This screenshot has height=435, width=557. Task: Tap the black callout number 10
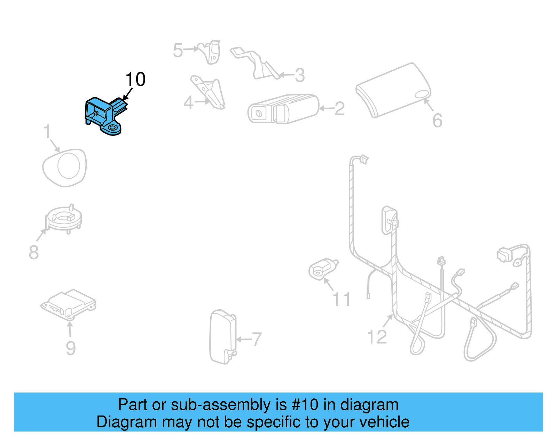pyautogui.click(x=135, y=79)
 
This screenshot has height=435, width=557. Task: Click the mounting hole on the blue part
pyautogui.click(x=113, y=129)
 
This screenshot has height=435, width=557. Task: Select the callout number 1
pyautogui.click(x=47, y=132)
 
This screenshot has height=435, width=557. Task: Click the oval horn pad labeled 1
pyautogui.click(x=65, y=168)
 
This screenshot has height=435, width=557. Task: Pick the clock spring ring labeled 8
pyautogui.click(x=64, y=219)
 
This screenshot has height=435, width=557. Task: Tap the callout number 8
pyautogui.click(x=33, y=252)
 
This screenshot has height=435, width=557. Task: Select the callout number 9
pyautogui.click(x=71, y=348)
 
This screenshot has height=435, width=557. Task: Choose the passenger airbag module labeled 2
pyautogui.click(x=283, y=109)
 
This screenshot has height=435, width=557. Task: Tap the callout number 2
pyautogui.click(x=339, y=109)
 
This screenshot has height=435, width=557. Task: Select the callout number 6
pyautogui.click(x=437, y=121)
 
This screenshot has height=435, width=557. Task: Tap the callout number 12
pyautogui.click(x=377, y=337)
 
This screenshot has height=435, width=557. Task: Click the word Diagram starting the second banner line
pyautogui.click(x=117, y=422)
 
